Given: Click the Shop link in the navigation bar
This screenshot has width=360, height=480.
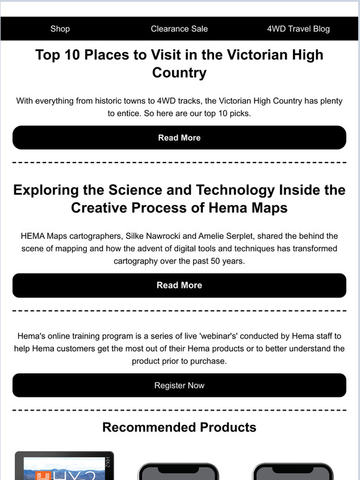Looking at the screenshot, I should [60, 29].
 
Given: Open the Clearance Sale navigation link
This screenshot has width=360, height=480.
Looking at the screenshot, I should [179, 29].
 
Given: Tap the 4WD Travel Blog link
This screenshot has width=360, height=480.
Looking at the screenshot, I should [298, 29].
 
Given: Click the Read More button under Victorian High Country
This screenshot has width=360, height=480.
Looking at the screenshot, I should [179, 138].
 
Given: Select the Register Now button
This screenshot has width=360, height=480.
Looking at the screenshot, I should [179, 385].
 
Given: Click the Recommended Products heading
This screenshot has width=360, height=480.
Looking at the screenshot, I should [179, 427].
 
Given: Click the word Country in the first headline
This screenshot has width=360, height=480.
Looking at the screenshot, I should [179, 73].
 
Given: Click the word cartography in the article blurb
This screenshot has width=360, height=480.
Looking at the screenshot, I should [140, 260].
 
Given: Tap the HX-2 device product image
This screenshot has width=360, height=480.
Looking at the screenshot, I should [65, 465].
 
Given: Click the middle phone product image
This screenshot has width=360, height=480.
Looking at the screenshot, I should [179, 471].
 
